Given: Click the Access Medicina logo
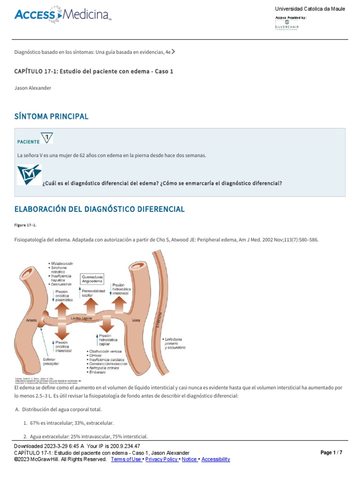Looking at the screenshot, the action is coord(63,15).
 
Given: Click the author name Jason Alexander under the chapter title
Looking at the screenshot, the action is coord(33,88).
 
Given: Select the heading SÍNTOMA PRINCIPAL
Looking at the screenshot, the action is coord(52,116).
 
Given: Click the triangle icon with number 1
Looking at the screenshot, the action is coord(47,138).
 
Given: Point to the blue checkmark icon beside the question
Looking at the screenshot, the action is coord(29,174).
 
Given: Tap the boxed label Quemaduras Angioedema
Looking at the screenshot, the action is coord(92,279).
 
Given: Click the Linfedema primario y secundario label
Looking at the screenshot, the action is coord(175,343).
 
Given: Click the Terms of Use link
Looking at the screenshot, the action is coord(127,459).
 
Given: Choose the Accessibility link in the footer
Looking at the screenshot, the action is coord(216,459).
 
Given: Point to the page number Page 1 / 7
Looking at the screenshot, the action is coord(331,453).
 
